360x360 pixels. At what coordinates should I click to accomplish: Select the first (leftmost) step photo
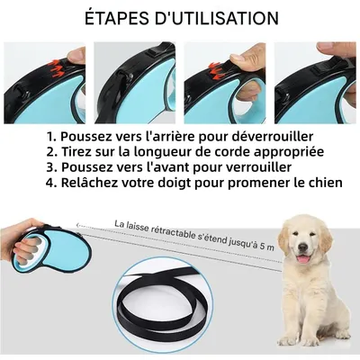coord(45,82)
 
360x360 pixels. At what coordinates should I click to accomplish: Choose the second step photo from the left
coord(135,82)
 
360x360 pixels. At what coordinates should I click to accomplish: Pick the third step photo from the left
coord(225,82)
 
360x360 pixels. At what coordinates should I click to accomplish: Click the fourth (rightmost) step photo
coord(315,82)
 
